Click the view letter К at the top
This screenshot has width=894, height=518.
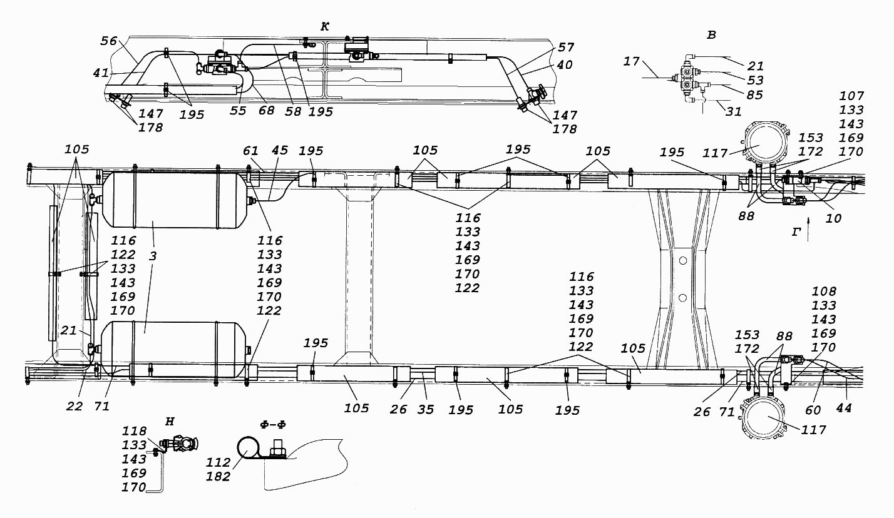pyautogui.click(x=325, y=27)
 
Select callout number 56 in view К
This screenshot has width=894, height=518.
pyautogui.click(x=108, y=41)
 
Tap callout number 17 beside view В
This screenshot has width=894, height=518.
pyautogui.click(x=631, y=61)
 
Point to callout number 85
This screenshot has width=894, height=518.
pyautogui.click(x=754, y=95)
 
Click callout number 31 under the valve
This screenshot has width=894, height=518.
pyautogui.click(x=733, y=111)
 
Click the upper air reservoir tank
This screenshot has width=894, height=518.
pyautogui.click(x=175, y=200)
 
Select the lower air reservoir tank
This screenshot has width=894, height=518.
pyautogui.click(x=174, y=350)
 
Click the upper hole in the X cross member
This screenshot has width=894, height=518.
pyautogui.click(x=683, y=261)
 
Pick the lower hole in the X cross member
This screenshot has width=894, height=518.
pyautogui.click(x=682, y=298)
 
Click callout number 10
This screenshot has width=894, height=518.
pyautogui.click(x=833, y=218)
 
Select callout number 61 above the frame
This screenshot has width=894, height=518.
pyautogui.click(x=250, y=151)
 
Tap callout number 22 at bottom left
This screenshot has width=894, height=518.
pyautogui.click(x=74, y=407)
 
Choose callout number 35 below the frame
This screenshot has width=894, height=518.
pyautogui.click(x=426, y=410)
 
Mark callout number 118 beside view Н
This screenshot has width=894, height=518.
pyautogui.click(x=134, y=431)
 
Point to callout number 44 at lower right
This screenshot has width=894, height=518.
pyautogui.click(x=843, y=408)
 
